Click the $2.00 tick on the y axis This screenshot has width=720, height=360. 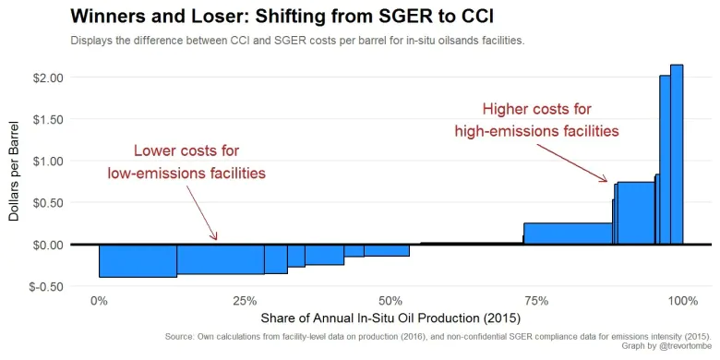[x=47, y=78]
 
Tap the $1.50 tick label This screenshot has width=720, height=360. [x=47, y=119]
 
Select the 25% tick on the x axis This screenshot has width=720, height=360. [x=245, y=302]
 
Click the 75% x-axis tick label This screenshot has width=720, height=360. [x=536, y=302]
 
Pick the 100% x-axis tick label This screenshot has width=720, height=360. [x=682, y=302]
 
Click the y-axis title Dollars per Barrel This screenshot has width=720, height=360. [x=14, y=172]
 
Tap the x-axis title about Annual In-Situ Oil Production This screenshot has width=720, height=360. [x=390, y=318]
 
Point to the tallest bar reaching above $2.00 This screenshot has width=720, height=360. [x=677, y=154]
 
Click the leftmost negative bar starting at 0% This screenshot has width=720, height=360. [x=138, y=260]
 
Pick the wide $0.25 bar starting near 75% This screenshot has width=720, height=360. [x=568, y=234]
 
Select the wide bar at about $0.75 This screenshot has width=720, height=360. [x=636, y=213]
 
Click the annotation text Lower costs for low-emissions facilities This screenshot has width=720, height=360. [x=186, y=162]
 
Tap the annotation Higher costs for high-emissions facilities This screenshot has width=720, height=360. [x=537, y=120]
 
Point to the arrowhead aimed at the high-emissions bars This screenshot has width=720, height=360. [x=604, y=179]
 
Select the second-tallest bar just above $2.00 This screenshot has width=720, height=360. [x=665, y=160]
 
